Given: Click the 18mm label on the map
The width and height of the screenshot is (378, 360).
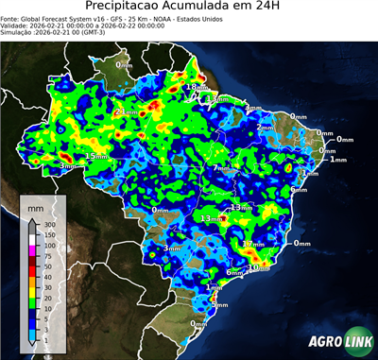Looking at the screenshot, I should point(194,87).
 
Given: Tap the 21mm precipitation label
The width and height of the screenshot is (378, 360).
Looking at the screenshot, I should point(125,112).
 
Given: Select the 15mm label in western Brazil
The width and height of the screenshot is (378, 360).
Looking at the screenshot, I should point(96,156).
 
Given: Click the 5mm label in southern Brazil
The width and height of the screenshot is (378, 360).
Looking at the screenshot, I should point(219,304).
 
